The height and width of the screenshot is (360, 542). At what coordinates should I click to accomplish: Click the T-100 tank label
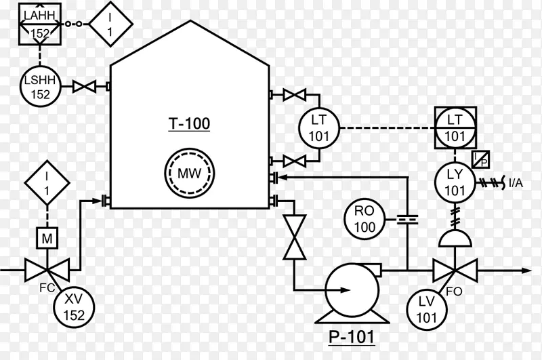pyautogui.click(x=190, y=124)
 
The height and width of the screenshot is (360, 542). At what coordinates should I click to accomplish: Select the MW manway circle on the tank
pyautogui.click(x=190, y=173)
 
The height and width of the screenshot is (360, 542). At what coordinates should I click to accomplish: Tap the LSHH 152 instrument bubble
pyautogui.click(x=40, y=86)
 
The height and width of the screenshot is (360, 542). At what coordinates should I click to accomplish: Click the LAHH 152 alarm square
pyautogui.click(x=40, y=24)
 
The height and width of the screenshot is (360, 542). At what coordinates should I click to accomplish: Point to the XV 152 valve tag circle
pyautogui.click(x=74, y=307)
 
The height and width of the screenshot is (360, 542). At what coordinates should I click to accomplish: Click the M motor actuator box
pyautogui.click(x=47, y=238)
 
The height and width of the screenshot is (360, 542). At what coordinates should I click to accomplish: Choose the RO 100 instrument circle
pyautogui.click(x=364, y=219)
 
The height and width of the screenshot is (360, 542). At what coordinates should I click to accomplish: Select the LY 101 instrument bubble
pyautogui.click(x=455, y=182)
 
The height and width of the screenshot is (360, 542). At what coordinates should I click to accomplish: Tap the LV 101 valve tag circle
pyautogui.click(x=427, y=310)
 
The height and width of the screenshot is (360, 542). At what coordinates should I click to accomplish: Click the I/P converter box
pyautogui.click(x=481, y=159)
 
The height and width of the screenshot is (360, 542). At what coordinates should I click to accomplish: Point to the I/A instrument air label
pyautogui.click(x=516, y=183)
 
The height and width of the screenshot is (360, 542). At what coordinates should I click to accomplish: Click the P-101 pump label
pyautogui.click(x=351, y=337)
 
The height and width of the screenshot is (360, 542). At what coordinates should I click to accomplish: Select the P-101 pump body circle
pyautogui.click(x=352, y=289)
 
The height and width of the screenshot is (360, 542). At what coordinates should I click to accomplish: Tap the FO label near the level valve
pyautogui.click(x=454, y=292)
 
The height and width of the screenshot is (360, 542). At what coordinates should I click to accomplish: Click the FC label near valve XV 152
pyautogui.click(x=47, y=287)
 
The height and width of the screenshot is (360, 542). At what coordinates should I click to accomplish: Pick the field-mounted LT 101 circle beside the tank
pyautogui.click(x=319, y=128)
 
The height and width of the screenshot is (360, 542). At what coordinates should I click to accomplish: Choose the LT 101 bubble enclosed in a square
pyautogui.click(x=455, y=128)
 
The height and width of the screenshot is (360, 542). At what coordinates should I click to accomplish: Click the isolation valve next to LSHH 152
pyautogui.click(x=84, y=86)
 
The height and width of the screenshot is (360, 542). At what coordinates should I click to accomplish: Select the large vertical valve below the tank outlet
pyautogui.click(x=294, y=237)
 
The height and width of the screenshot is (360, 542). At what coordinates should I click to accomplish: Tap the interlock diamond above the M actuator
pyautogui.click(x=47, y=182)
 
